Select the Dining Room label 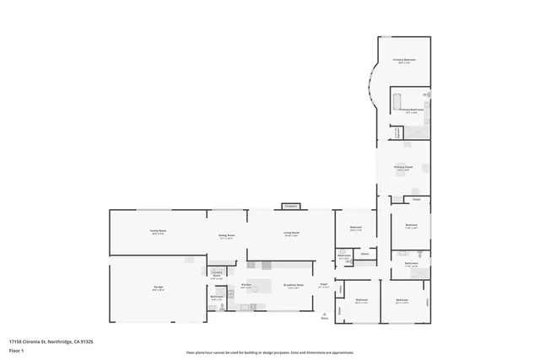coord(226,237)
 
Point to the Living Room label coord(292,234)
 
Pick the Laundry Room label coord(216,273)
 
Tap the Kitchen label coord(247,287)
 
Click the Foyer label coord(323,285)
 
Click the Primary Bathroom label coord(411,110)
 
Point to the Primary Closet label coord(403,168)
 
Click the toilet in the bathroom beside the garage coord(221,309)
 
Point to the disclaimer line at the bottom coord(269,351)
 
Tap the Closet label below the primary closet coord(416,200)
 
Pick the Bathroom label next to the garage coord(216,296)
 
